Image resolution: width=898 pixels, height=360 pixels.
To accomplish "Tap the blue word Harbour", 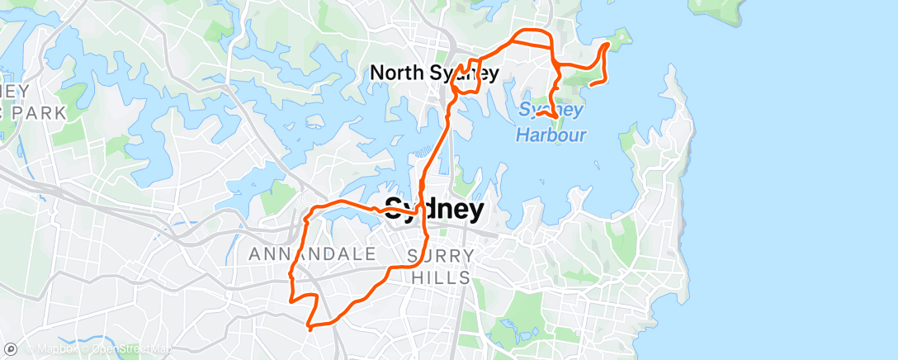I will point(551,135).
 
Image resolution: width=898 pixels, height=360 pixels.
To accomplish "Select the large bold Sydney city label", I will point(435,210).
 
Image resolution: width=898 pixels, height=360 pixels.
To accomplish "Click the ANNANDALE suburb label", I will point(313,254).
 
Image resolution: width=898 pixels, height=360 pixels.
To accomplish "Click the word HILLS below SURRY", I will point(441,277).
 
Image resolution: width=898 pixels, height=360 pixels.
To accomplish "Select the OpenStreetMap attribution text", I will point(132,348).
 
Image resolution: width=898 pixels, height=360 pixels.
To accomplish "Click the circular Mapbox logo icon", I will point(11,348).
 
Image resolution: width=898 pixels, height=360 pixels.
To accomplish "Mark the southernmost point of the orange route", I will point(308,329).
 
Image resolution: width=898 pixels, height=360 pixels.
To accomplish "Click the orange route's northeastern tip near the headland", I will point(607,45).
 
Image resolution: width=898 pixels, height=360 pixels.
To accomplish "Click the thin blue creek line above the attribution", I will point(99,339).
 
